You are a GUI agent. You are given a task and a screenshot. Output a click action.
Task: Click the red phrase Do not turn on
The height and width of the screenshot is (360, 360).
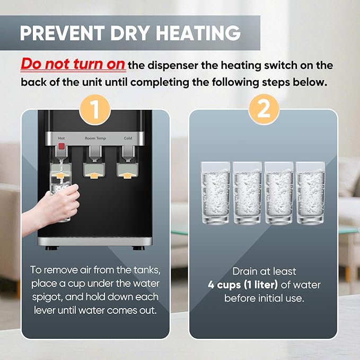[x=73, y=64]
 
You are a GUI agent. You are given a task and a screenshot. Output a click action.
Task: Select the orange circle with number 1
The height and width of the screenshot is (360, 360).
[x=95, y=110]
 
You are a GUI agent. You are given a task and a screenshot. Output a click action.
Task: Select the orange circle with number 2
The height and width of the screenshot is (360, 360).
[x=264, y=110]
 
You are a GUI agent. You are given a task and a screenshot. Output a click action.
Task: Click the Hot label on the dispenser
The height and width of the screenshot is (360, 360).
[x=62, y=138]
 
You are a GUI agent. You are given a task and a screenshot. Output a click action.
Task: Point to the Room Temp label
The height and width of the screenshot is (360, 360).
[x=95, y=138]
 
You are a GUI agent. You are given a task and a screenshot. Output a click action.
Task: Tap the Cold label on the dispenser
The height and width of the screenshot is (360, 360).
[x=128, y=138]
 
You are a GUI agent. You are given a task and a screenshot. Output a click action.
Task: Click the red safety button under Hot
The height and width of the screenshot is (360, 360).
[x=62, y=146]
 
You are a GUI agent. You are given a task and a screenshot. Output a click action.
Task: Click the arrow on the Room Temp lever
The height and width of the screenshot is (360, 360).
[x=94, y=175]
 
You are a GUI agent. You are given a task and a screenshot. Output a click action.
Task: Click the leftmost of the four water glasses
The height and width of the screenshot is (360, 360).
[x=216, y=193]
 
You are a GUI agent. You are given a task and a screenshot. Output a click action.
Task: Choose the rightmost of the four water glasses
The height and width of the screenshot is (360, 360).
[x=311, y=193]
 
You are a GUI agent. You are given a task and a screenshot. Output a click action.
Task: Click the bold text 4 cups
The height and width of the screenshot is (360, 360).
[x=224, y=285]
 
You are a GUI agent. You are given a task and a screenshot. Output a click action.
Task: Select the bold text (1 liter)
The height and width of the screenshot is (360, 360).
[x=260, y=285]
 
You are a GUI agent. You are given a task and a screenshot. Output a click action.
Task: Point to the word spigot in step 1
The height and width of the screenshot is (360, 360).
[x=47, y=297]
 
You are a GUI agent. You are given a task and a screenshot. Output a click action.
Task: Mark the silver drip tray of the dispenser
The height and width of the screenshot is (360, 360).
[x=95, y=242]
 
